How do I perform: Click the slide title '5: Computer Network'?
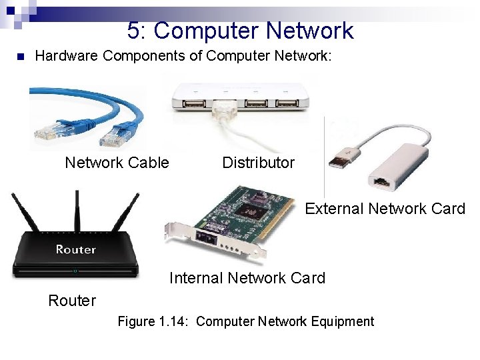coord(240,31)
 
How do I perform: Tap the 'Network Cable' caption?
coord(117,163)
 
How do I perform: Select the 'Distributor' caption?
coord(258,163)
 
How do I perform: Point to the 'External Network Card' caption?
coord(385,209)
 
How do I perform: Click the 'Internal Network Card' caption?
coord(247,278)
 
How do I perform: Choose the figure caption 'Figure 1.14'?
coord(245,321)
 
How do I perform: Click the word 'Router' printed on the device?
coord(75,249)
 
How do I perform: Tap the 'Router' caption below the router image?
coord(72,301)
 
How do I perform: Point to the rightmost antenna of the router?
coord(128,212)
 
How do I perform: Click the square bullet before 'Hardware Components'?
coord(20,56)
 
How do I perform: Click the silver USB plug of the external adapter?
coord(339,160)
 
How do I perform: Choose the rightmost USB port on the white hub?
coord(287,103)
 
